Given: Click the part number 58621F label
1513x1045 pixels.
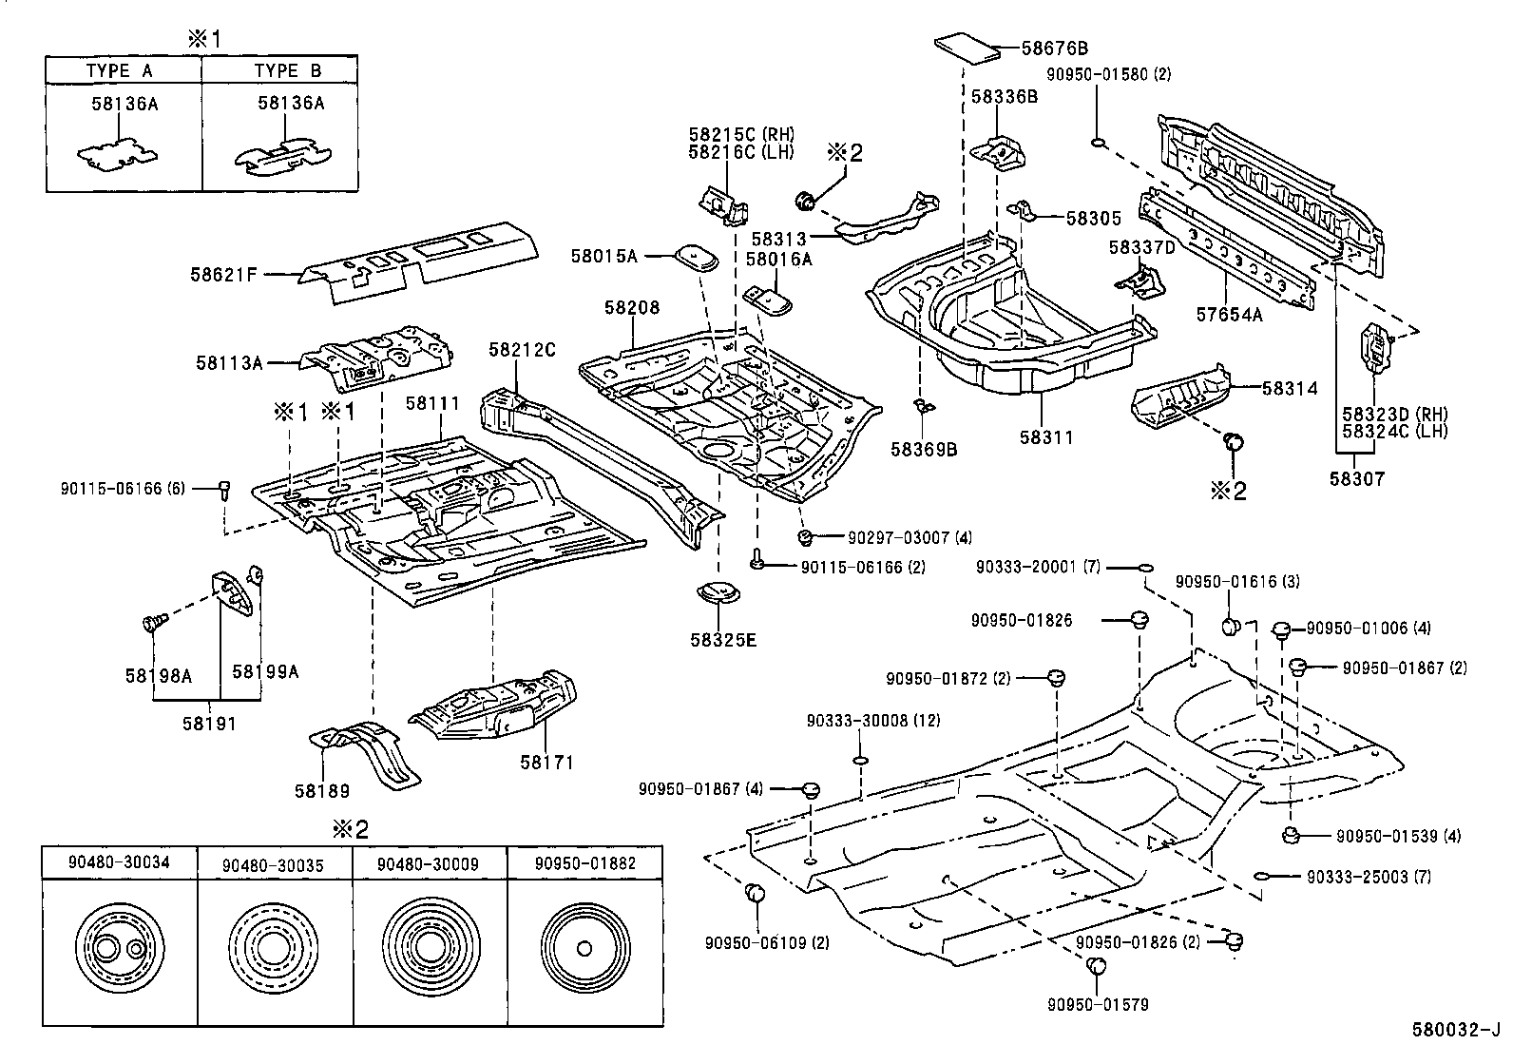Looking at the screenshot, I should coord(223,275).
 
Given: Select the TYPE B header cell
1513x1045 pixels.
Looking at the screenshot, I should coord(288,70).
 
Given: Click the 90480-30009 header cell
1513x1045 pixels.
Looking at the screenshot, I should coord(428,864).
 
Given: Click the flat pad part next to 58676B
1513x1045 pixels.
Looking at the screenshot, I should coord(968,48).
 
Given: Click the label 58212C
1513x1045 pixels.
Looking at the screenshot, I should coord(522,350).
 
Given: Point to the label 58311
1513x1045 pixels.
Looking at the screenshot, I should coord(1046,438).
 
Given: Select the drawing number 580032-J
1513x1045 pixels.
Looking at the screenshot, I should coord(1455,1031).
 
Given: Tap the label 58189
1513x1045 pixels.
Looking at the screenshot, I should coord(321,790).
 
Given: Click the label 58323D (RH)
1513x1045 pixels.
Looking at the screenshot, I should coord(1394,414).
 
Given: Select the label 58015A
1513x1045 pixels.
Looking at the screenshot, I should coord(603,255).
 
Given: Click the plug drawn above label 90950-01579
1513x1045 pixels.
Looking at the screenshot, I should coord(1096,967).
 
